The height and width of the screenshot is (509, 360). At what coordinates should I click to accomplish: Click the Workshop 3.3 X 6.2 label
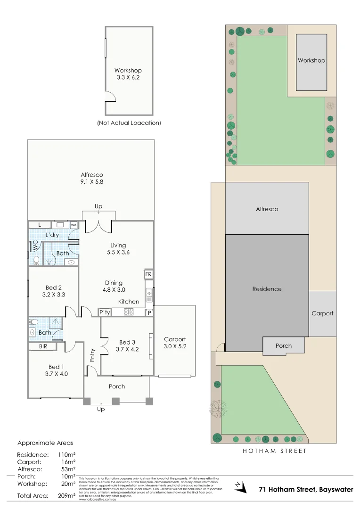pos(128,74)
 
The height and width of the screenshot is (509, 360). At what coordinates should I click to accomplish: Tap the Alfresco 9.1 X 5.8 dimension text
pos(92,178)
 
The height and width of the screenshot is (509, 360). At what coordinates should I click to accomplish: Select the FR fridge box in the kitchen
pos(148,274)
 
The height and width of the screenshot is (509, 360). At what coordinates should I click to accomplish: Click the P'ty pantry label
pos(105,312)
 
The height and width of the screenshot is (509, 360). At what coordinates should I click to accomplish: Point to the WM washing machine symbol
pos(74,225)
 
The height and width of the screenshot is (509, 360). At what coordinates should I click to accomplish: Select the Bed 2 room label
pos(54,291)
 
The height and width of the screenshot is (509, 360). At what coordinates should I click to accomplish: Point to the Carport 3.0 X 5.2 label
pos(175,343)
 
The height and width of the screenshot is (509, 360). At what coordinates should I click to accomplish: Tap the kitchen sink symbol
pos(149,295)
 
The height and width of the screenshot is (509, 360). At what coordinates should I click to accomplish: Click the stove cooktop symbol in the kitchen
pos(129,312)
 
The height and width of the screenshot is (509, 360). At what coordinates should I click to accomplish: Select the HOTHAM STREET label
pos(275,451)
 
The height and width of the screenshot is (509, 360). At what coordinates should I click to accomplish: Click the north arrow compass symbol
pos(241,486)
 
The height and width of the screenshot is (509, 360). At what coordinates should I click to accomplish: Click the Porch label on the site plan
pos(284,345)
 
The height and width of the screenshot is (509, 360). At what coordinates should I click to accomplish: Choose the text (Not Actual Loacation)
pos(129,123)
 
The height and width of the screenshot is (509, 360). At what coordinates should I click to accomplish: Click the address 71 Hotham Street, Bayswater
pos(306,490)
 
